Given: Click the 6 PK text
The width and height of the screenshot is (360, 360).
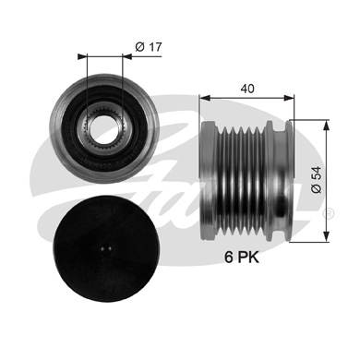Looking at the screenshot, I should (x=243, y=258).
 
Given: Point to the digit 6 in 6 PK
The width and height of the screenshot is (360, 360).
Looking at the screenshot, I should (x=228, y=258).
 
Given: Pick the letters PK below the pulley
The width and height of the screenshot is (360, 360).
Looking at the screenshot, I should (x=249, y=258).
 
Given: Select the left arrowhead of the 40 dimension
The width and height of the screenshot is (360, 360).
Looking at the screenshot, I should (x=203, y=95).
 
